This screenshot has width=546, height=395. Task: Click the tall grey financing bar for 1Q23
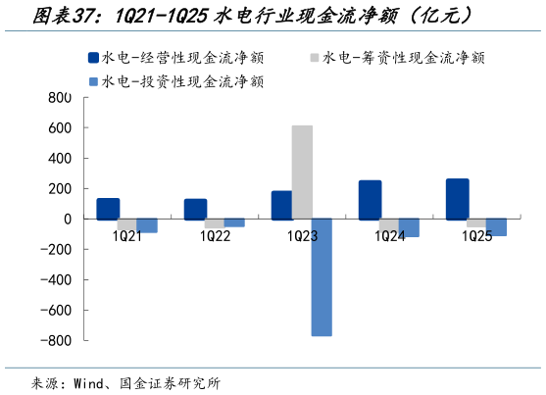coord(302,172)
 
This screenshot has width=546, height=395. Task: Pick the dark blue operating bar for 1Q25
coord(457,199)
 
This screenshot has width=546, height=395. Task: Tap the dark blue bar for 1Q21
coord(108,209)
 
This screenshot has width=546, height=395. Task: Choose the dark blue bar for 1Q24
coord(370,200)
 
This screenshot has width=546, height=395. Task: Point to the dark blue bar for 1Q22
coord(195,209)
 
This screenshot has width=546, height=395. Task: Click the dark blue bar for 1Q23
coord(281,205)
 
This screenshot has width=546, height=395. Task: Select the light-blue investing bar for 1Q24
coord(409,227)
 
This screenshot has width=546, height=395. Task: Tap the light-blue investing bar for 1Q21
coord(147,225)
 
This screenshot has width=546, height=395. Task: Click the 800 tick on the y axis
coord(61,98)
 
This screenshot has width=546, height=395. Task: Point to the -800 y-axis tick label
coord(56,340)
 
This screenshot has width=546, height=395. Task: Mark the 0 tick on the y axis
coord(69,219)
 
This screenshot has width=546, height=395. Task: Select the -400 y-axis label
coord(56,279)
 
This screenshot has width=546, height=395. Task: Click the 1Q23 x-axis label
coord(302,235)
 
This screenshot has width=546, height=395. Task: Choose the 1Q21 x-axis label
coord(127,235)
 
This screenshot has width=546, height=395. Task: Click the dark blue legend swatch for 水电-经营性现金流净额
coord(93,58)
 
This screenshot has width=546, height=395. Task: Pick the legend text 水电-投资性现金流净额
coord(182,81)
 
